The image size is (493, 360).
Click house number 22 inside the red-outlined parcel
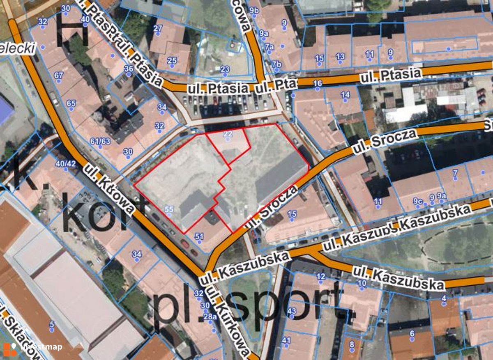coord(228,134)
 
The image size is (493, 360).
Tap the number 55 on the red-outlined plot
coord(169,209)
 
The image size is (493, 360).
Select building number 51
coord(199,236)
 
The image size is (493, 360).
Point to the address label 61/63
coord(100,142)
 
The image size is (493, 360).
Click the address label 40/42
coord(65,163)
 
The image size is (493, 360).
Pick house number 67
coord(59,75)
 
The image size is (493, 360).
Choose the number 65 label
coord(71,103)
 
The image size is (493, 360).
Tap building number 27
coord(158,28)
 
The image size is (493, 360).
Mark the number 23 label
coord(225,69)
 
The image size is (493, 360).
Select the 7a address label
coord(269,47)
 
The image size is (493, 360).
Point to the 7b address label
coord(276,64)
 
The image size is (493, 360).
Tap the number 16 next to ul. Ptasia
coord(318,84)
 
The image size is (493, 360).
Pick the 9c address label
coord(418,201)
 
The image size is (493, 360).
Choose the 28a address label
coord(210,316)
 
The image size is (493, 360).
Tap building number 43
coord(292,310)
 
